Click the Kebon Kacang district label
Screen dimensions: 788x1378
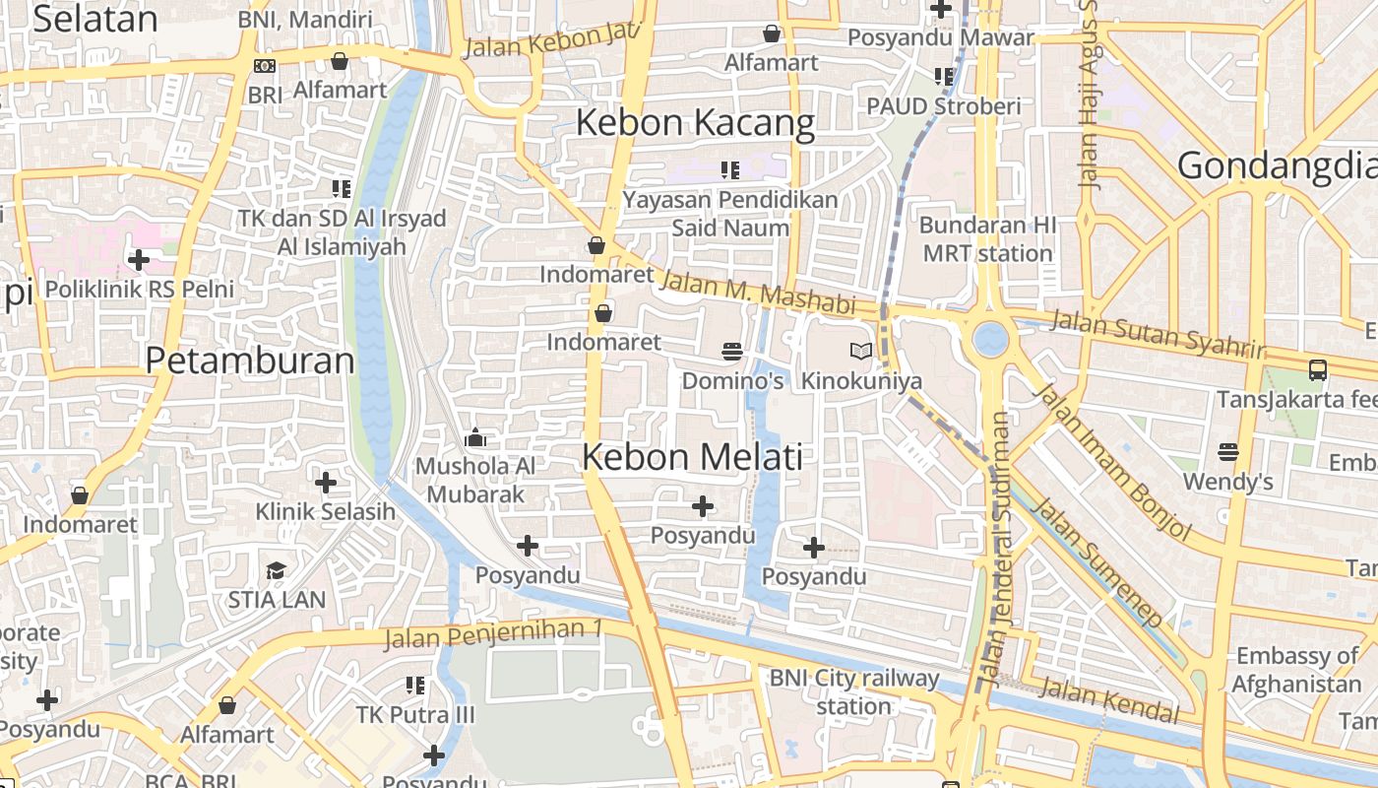(695, 124)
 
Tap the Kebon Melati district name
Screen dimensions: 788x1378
(692, 457)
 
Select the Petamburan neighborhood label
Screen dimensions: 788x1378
(250, 361)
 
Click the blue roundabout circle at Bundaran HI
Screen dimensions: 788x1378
(990, 340)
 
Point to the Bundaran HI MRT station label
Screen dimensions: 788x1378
(987, 239)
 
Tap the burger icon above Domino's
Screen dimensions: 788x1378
(731, 351)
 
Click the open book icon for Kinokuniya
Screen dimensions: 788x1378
(861, 351)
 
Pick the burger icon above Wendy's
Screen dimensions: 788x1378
(1227, 452)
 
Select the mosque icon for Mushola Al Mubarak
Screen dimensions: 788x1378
(475, 437)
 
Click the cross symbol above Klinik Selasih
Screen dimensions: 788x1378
(326, 483)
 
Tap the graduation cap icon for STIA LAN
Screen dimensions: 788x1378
(276, 571)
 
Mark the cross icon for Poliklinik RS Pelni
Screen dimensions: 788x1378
(139, 260)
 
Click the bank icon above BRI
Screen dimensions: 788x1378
(265, 66)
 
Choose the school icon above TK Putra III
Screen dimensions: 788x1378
(415, 685)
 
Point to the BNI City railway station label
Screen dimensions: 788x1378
(853, 691)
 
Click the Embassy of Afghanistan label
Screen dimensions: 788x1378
(1296, 670)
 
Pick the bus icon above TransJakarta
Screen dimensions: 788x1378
(1318, 370)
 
